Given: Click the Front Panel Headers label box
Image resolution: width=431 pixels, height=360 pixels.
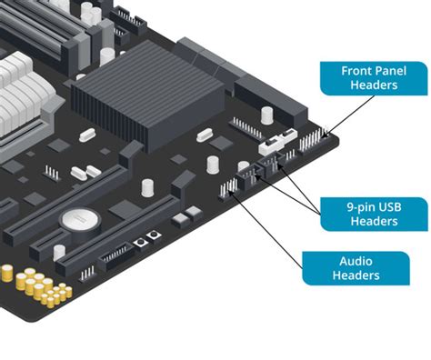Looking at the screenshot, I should pyautogui.click(x=374, y=77).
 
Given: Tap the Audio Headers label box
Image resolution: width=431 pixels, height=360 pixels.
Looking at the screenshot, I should pyautogui.click(x=356, y=268).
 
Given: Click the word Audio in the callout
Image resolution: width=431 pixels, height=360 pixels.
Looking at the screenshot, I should pyautogui.click(x=356, y=259).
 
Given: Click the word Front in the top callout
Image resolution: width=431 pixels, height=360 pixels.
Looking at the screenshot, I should pyautogui.click(x=357, y=70).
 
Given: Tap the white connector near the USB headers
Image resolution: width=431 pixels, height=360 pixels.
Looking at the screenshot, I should pyautogui.click(x=273, y=145).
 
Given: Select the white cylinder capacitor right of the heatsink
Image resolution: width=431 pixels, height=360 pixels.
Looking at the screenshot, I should pyautogui.click(x=266, y=115).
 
